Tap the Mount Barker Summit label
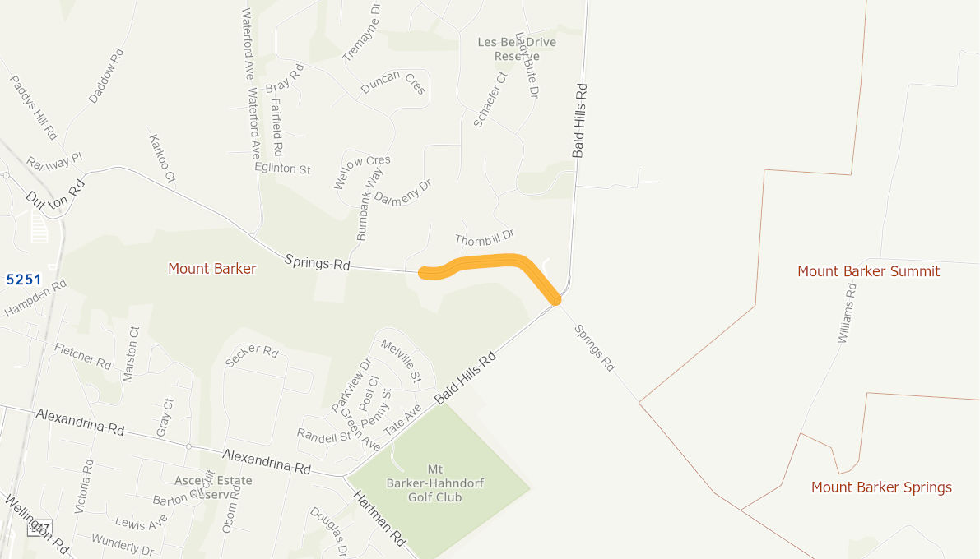(x=868, y=271)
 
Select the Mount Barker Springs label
(x=881, y=487)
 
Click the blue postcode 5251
(x=24, y=279)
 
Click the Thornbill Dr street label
(x=484, y=238)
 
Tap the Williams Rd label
(x=847, y=313)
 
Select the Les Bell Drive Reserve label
(x=517, y=49)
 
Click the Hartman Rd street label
(x=380, y=519)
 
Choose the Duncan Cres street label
(x=393, y=82)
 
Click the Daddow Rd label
(x=106, y=76)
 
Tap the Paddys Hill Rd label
(x=34, y=107)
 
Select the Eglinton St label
(x=282, y=169)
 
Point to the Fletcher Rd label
(x=82, y=355)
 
